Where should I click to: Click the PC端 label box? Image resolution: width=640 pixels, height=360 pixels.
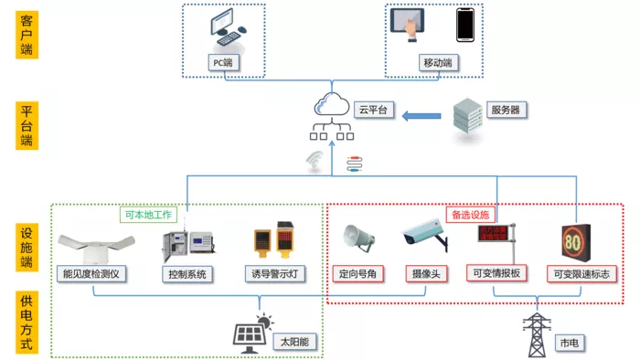(223, 63)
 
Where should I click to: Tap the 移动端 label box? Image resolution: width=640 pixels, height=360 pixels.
(438, 63)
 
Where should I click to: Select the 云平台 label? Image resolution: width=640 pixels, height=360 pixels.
(373, 110)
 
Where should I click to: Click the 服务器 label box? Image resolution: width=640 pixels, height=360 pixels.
(506, 110)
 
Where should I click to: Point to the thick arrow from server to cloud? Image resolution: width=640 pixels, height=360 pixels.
(421, 116)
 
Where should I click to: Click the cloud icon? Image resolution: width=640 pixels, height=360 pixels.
(331, 104)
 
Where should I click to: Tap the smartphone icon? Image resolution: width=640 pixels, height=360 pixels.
(465, 25)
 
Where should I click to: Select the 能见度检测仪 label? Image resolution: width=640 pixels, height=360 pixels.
(91, 273)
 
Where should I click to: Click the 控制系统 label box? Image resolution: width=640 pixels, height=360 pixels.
(187, 274)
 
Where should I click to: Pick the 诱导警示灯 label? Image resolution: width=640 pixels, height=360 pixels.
(274, 273)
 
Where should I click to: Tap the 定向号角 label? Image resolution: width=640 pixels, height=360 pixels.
(357, 273)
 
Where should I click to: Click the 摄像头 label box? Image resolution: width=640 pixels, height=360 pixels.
(426, 273)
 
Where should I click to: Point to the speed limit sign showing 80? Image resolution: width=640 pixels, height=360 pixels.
(576, 242)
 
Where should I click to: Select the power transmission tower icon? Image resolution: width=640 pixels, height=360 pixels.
(537, 334)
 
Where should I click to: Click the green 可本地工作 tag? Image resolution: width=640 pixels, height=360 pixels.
(148, 215)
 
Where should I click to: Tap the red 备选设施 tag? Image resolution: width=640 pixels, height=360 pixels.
(471, 215)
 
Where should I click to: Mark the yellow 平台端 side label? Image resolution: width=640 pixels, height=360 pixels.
(27, 125)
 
